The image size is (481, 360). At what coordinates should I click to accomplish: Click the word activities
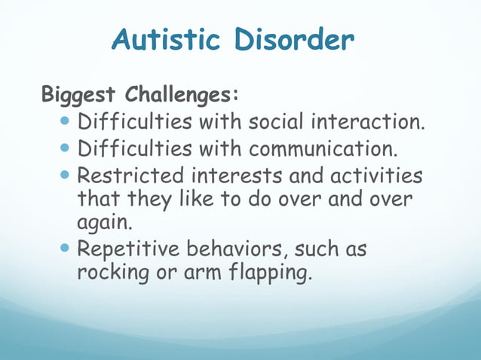coord(374,177)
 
